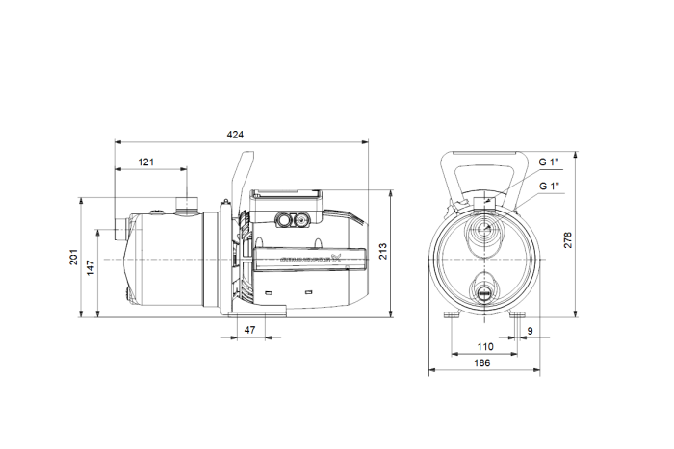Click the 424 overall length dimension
coord(235,135)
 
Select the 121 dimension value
coord(145,162)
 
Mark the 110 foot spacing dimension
coord(485,346)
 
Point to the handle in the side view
coord(237,183)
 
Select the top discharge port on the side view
coord(185,203)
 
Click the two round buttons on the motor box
coord(292,219)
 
